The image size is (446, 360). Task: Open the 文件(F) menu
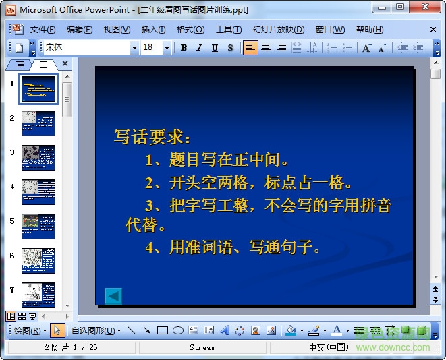coord(43,30)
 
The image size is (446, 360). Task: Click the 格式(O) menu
coord(190,30)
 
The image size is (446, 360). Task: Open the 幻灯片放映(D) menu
coord(279,30)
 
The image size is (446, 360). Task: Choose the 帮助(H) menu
coord(369,30)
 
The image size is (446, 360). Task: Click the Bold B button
coord(184,48)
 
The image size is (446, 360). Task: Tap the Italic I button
coord(199,48)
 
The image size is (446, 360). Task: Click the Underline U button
coord(215,48)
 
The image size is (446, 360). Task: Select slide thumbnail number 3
coord(38,157)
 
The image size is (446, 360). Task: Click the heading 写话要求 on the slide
coord(152,137)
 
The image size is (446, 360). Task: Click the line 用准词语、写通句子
coord(232,247)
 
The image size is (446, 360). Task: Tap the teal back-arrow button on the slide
coord(113,295)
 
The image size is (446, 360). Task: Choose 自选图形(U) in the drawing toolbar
coord(96,330)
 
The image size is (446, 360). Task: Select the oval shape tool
coord(178,330)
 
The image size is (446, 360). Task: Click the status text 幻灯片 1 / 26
coord(71,347)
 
